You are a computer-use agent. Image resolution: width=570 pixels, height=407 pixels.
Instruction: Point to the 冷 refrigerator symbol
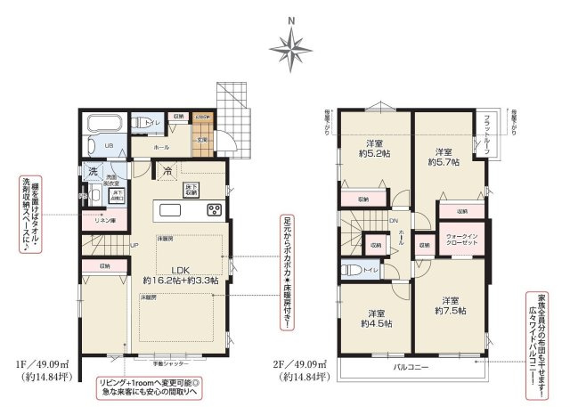[x=167, y=171]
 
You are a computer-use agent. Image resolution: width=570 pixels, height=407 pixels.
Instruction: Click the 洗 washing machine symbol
[x=93, y=171]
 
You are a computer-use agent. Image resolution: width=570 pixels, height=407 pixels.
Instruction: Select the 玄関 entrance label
[x=202, y=140]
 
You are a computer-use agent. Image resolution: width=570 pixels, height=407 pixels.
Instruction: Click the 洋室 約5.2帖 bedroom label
[x=373, y=149]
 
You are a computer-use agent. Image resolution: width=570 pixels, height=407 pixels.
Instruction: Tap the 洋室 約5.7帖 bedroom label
[x=443, y=156]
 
